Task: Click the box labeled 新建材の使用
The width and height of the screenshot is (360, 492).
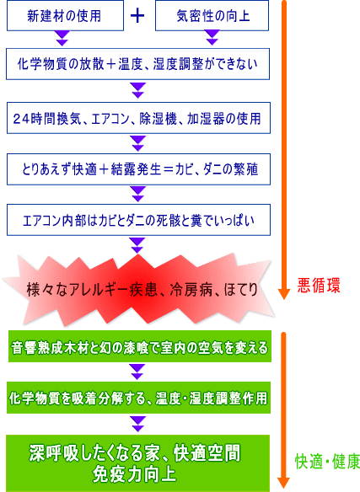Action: click(66, 15)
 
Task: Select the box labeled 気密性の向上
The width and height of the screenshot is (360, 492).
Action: click(212, 15)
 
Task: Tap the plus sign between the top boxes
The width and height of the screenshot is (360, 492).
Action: click(137, 16)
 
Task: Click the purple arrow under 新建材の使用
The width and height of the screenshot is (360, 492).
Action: click(62, 38)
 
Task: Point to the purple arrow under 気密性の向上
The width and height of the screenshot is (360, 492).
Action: click(212, 38)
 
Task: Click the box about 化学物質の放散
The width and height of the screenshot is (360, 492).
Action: click(138, 64)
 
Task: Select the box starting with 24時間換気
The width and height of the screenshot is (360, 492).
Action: click(138, 118)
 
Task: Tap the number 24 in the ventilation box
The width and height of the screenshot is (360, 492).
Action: click(21, 119)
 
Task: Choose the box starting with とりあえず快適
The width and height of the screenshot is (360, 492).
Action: click(138, 169)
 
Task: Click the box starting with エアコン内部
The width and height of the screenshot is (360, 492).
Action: click(138, 220)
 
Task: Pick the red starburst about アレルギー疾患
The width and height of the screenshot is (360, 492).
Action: click(138, 289)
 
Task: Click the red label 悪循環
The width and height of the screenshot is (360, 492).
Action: click(319, 286)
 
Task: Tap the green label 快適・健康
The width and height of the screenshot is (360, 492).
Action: click(327, 462)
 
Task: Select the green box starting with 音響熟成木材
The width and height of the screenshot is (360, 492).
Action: click(140, 346)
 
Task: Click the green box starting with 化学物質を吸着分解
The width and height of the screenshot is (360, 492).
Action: click(138, 398)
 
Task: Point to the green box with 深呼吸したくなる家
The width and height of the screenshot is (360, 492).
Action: click(138, 463)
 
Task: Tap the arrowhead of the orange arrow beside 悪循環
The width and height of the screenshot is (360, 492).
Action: click(284, 294)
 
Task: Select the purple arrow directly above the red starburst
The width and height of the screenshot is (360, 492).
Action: click(137, 245)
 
